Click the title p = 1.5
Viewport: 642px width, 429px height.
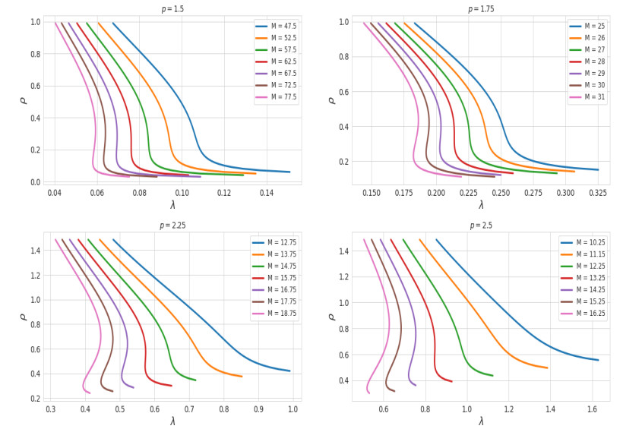pyautogui.click(x=172, y=9)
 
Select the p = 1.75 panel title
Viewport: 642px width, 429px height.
pyautogui.click(x=481, y=9)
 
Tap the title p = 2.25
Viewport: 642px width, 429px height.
pyautogui.click(x=172, y=226)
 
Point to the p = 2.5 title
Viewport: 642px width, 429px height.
pyautogui.click(x=481, y=226)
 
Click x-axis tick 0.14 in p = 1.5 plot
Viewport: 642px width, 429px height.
pyautogui.click(x=267, y=194)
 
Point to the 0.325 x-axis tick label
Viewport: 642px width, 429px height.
pyautogui.click(x=598, y=194)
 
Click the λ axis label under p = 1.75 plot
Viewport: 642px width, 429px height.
pyautogui.click(x=481, y=205)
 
